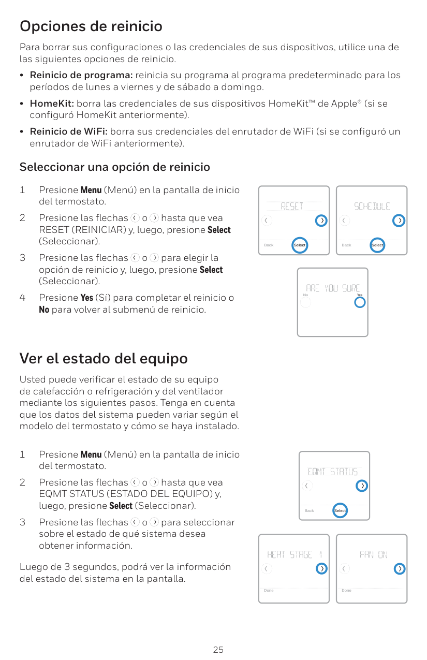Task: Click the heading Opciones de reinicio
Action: tap(91, 26)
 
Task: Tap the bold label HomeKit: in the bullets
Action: tap(52, 104)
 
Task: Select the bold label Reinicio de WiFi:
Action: tap(69, 131)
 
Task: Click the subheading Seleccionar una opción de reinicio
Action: tap(114, 167)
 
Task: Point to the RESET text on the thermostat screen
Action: tap(292, 206)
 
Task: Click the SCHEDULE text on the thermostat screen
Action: tap(372, 206)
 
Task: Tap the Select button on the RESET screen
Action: tap(300, 245)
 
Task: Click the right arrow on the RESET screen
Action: tap(321, 221)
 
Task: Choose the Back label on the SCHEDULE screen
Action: tap(346, 245)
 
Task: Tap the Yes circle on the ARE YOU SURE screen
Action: tap(360, 302)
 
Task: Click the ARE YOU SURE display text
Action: tap(333, 288)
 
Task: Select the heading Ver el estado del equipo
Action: tap(104, 359)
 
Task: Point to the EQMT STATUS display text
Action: tap(332, 472)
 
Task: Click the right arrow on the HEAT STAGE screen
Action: tap(321, 568)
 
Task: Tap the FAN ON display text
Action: tap(373, 555)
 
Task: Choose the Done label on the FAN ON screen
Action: tap(346, 590)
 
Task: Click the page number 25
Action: tap(218, 650)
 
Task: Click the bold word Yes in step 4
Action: tap(87, 298)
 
